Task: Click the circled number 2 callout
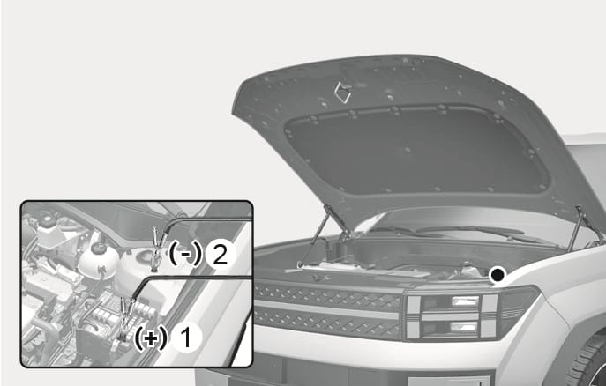coord(221,255)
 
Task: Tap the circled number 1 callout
coord(186,338)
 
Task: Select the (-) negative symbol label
coord(185,255)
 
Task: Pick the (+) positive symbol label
coord(151,338)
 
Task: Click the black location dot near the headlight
coord(498,275)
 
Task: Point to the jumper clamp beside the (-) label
coord(156,249)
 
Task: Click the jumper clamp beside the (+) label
coord(126,317)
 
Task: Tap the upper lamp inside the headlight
coord(466,301)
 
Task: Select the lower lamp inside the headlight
coord(464,327)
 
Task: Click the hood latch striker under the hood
coord(342,92)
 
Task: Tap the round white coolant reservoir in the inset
coord(99,257)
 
